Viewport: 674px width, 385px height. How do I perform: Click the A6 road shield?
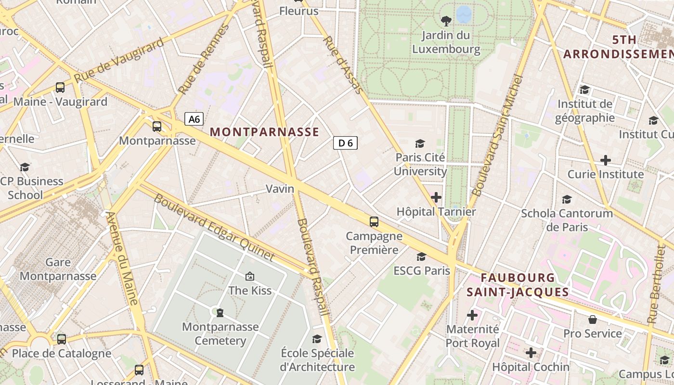point(194,119)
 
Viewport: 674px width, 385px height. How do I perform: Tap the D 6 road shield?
point(345,142)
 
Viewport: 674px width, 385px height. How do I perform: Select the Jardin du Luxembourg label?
point(446,42)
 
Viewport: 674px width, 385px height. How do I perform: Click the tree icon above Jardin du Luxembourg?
point(446,21)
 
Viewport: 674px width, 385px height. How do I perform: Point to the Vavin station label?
point(280,189)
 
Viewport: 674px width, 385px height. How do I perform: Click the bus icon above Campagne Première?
point(374,222)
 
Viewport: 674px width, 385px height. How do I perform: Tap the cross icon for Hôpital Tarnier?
point(436,197)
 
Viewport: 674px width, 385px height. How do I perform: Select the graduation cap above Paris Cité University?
point(420,143)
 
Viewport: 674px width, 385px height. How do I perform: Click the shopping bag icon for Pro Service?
point(593,320)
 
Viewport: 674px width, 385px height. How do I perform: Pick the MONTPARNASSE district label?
point(264,132)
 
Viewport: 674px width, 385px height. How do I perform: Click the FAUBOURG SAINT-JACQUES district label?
point(518,284)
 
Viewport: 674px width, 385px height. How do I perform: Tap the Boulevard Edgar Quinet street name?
point(214,227)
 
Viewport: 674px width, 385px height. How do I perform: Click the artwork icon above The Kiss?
point(250,276)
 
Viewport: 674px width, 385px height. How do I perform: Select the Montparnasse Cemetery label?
point(220,334)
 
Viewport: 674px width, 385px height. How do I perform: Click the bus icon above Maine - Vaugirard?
point(60,88)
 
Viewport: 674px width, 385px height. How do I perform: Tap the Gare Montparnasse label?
point(58,269)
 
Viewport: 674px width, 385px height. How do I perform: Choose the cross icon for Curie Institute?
point(606,160)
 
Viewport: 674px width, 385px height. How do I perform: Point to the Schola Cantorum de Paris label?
point(567,219)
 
